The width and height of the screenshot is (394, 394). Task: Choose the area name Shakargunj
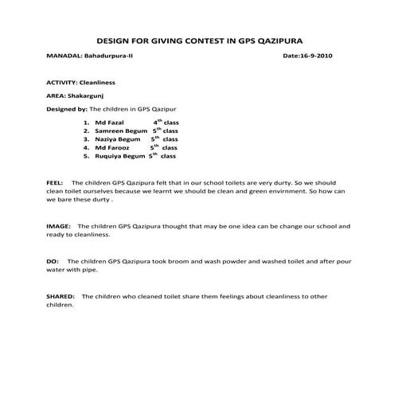pyautogui.click(x=84, y=95)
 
